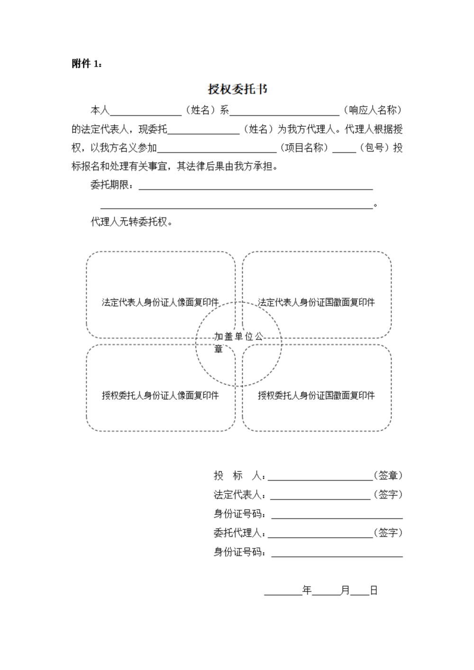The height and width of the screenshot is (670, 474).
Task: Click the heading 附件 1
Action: tap(87, 64)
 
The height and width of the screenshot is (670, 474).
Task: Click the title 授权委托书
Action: tap(237, 89)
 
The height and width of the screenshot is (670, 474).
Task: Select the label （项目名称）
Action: tap(304, 148)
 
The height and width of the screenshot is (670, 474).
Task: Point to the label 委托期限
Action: tap(112, 185)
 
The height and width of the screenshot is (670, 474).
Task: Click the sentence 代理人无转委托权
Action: tap(131, 222)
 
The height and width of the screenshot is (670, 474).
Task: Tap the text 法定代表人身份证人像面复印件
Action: tap(160, 302)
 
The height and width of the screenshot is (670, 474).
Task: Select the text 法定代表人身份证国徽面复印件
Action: tap(316, 302)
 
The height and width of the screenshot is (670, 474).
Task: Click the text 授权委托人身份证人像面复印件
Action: tap(160, 395)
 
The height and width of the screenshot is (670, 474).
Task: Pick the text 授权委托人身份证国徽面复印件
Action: tap(316, 395)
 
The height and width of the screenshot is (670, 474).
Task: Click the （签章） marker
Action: tap(388, 475)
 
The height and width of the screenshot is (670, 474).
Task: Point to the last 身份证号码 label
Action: tap(239, 552)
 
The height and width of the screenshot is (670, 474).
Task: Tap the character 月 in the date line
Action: tap(345, 590)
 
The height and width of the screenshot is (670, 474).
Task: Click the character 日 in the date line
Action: tap(374, 590)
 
